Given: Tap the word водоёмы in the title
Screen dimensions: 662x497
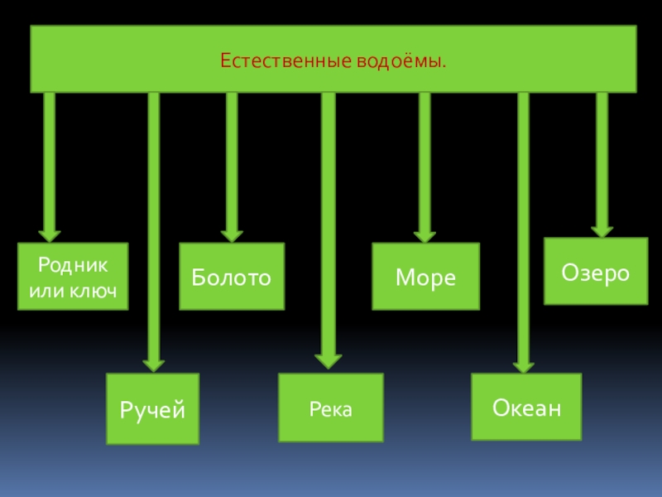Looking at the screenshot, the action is coord(402,61).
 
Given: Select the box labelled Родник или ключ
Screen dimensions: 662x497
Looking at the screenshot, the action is coord(73,277).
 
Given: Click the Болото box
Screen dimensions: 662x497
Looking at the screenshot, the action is coord(232,277).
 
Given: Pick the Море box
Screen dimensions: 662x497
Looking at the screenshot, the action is coord(425,277).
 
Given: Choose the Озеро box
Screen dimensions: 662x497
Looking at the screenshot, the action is coord(596,272).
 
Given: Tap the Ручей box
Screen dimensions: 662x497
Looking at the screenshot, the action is coord(153,408).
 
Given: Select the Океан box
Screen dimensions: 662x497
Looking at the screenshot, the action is coord(526,407).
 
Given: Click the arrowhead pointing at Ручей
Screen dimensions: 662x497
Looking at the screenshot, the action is coord(153,363).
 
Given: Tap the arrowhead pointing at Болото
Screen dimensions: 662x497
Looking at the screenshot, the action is coord(232,234).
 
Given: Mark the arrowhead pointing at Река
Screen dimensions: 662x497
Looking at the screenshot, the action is coord(329,359).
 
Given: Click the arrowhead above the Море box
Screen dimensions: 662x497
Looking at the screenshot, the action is coord(425,234).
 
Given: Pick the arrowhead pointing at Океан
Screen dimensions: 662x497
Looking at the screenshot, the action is coord(523,364).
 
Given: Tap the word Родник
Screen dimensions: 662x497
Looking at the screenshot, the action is coord(73,265).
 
